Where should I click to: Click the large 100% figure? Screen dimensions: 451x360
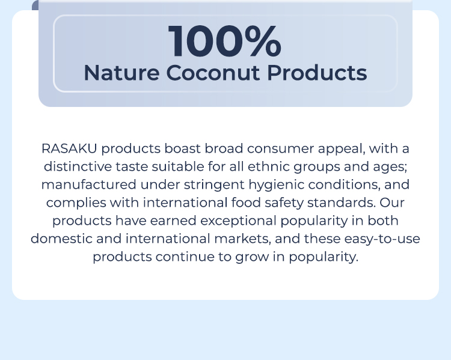[225, 41]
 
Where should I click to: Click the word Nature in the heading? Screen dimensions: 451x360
[121, 73]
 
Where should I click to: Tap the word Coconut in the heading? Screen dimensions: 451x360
[213, 73]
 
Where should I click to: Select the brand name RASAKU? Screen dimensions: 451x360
[69, 148]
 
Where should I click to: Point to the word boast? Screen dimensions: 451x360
[182, 148]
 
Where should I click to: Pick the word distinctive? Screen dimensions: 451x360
[78, 166]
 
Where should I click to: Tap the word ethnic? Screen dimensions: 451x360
[268, 166]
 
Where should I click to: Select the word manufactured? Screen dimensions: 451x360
[88, 185]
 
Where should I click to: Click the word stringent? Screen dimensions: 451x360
[214, 185]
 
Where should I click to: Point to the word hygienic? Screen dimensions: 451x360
[276, 185]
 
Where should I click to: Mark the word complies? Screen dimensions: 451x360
[76, 203]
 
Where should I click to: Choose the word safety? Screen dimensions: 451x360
[284, 203]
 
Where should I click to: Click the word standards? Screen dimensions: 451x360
[342, 203]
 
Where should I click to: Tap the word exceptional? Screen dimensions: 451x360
[238, 221]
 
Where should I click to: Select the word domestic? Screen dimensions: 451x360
[61, 239]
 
